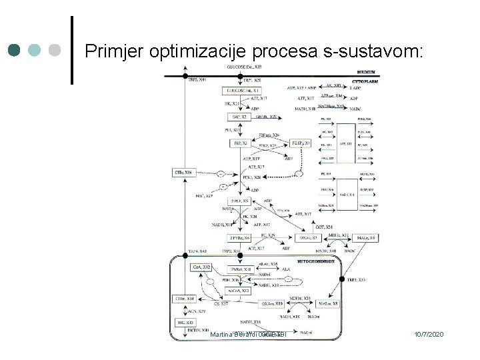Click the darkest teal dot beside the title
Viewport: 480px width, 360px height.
[15, 50]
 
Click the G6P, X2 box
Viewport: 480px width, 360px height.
[238, 117]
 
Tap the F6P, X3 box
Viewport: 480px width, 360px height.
[239, 143]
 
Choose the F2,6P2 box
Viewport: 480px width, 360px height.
[301, 143]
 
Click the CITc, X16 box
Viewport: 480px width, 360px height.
[183, 173]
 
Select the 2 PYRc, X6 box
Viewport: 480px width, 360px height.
[239, 238]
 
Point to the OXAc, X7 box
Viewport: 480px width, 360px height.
[307, 237]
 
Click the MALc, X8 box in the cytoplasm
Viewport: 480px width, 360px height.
[366, 238]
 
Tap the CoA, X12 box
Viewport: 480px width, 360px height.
[202, 267]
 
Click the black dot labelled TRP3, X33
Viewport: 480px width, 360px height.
[342, 279]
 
